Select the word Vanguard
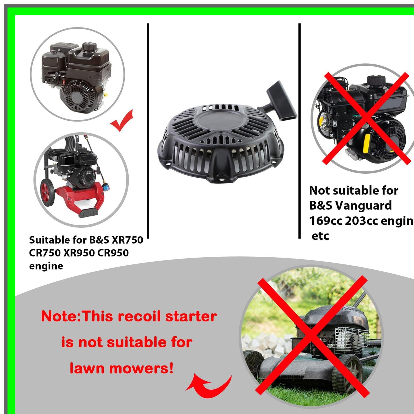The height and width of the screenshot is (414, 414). click(x=363, y=206)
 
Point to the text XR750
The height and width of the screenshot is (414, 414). click(x=127, y=240)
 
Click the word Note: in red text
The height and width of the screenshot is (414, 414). click(x=61, y=317)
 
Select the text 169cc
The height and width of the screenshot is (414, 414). click(x=325, y=221)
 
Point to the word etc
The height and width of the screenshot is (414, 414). click(x=320, y=236)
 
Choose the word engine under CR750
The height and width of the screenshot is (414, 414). click(x=46, y=266)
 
